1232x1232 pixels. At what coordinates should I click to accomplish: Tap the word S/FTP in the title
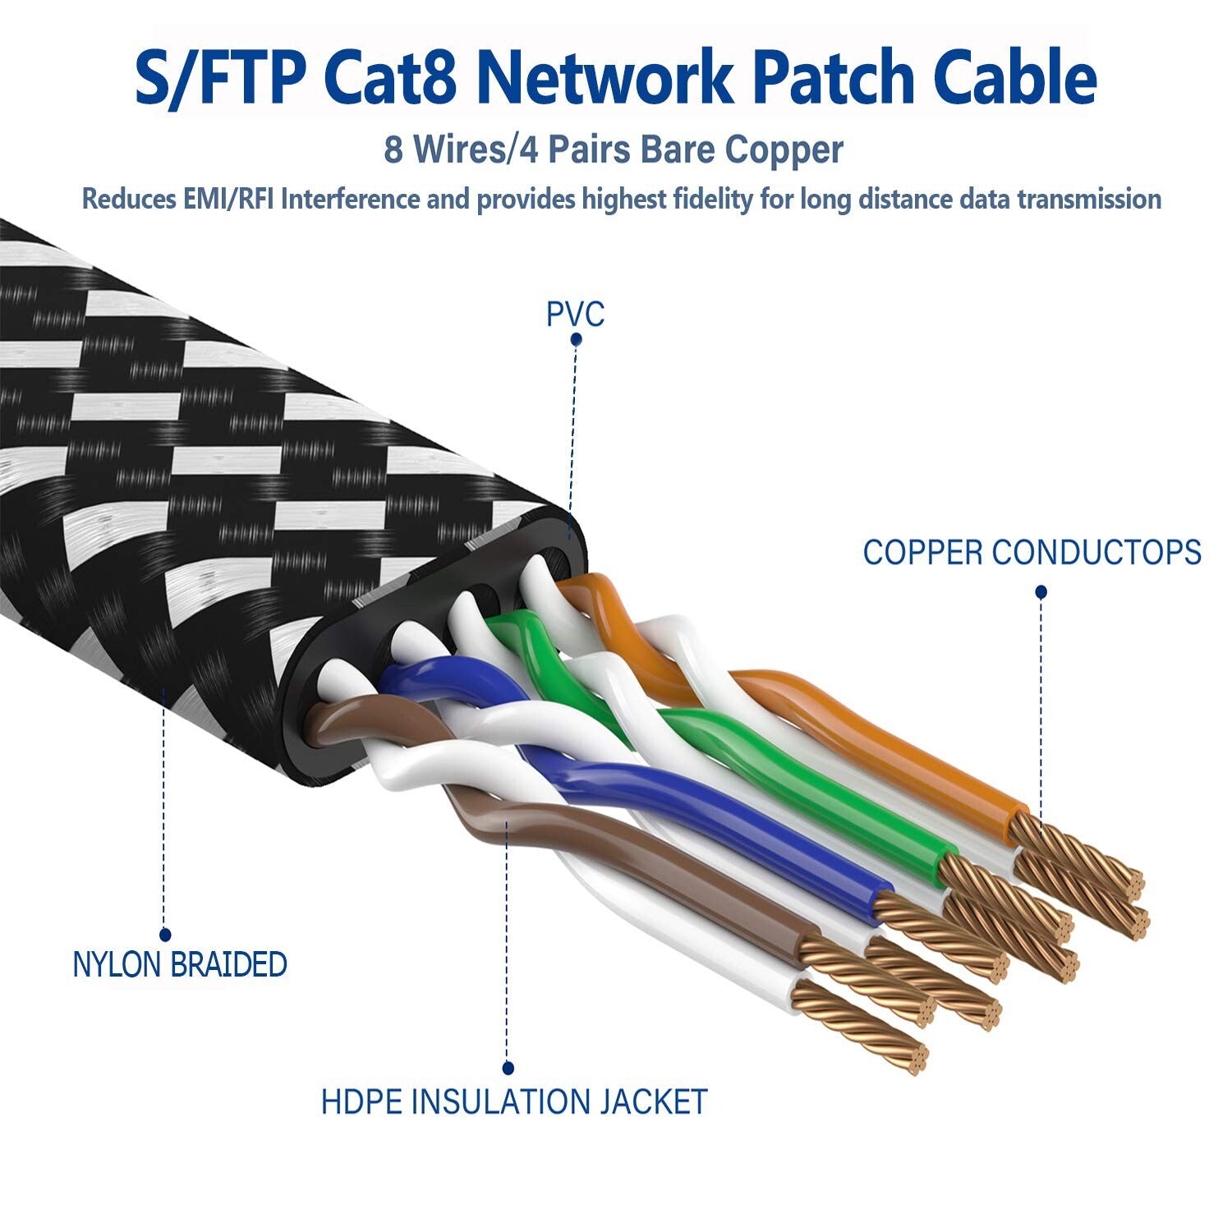click(220, 78)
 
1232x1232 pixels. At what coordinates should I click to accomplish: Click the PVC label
click(575, 314)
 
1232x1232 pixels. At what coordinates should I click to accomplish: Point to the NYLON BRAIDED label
click(180, 964)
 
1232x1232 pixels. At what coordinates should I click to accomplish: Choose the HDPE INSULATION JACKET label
click(514, 1101)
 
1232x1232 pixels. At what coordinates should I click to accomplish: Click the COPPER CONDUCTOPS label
click(1032, 552)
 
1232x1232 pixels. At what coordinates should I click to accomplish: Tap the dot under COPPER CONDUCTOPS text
click(1041, 591)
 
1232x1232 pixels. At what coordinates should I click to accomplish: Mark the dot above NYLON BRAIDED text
click(164, 935)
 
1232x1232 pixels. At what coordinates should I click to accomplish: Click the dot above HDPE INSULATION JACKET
click(508, 1069)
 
